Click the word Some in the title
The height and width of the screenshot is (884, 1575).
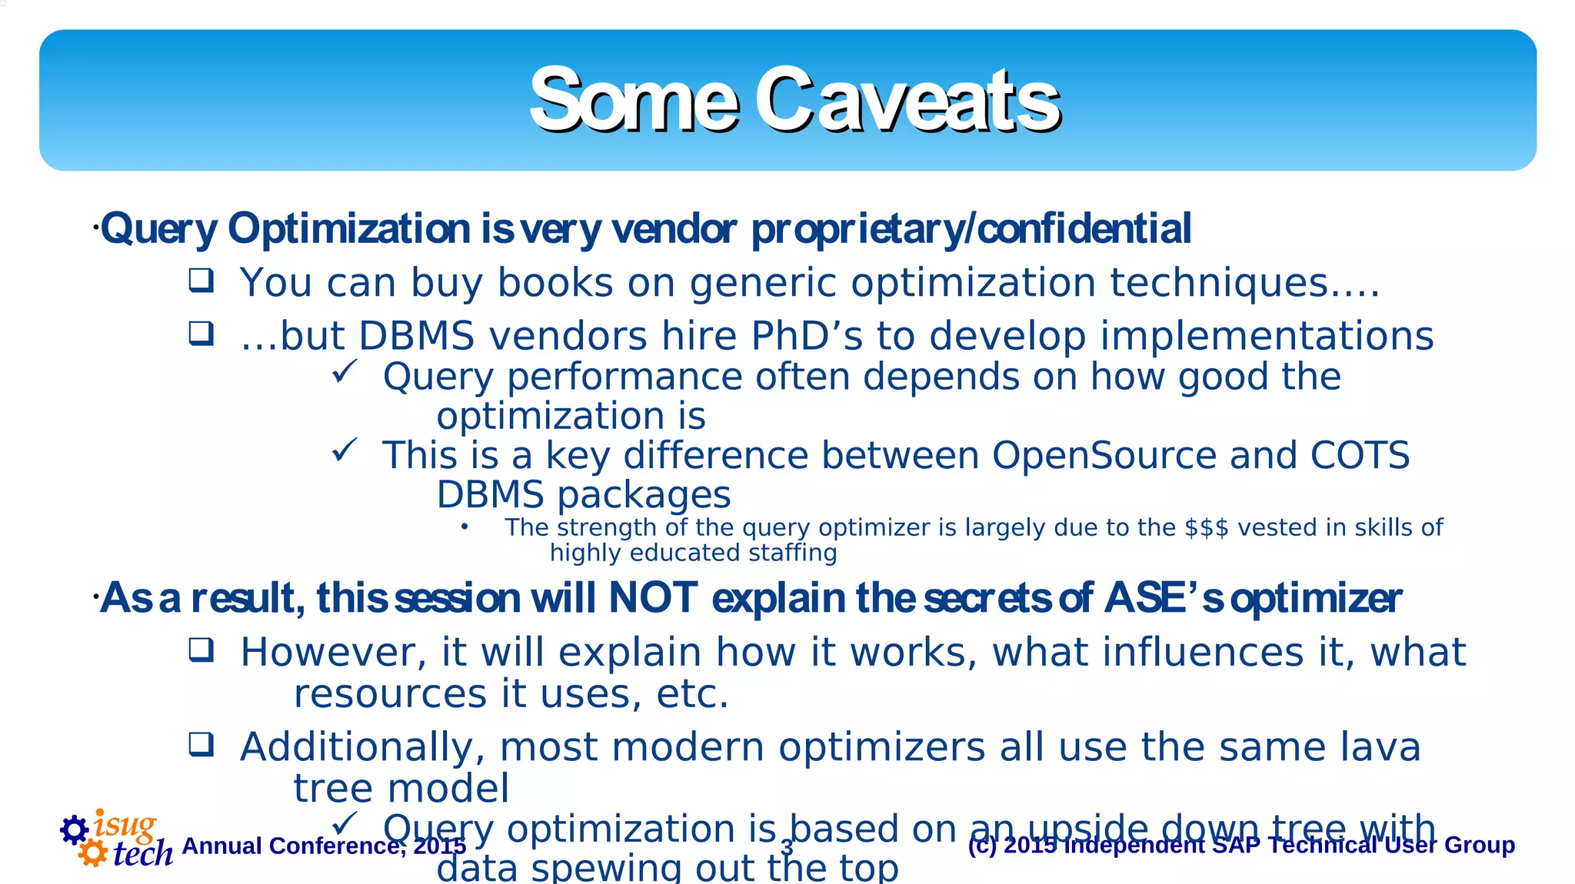click(x=634, y=101)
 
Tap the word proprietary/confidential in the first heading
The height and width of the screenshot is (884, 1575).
click(x=971, y=229)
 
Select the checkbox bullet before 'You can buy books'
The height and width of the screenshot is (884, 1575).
click(x=201, y=281)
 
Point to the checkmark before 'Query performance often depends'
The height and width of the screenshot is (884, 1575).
click(x=344, y=373)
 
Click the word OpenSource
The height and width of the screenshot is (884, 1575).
click(x=1104, y=455)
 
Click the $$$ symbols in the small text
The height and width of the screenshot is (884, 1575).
click(x=1206, y=528)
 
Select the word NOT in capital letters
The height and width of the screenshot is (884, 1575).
click(x=653, y=598)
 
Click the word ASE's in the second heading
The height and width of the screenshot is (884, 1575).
click(x=1164, y=598)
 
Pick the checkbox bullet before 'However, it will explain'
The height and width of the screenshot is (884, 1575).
click(x=201, y=650)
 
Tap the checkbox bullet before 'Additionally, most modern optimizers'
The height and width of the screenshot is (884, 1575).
click(x=201, y=744)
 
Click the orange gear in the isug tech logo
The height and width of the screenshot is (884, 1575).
click(x=93, y=852)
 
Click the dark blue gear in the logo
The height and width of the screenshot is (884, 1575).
click(x=75, y=829)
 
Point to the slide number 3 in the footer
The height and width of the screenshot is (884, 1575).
click(x=787, y=847)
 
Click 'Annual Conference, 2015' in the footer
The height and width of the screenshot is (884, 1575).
click(x=324, y=846)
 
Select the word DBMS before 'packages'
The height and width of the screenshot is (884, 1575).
click(x=490, y=495)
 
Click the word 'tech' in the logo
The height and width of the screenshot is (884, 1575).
click(x=143, y=853)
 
